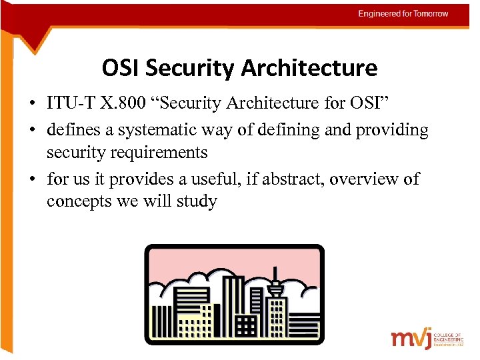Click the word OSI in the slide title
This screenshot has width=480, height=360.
tap(121, 68)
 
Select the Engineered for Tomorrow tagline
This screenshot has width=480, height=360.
tap(403, 13)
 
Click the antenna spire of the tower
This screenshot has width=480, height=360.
tap(275, 273)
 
